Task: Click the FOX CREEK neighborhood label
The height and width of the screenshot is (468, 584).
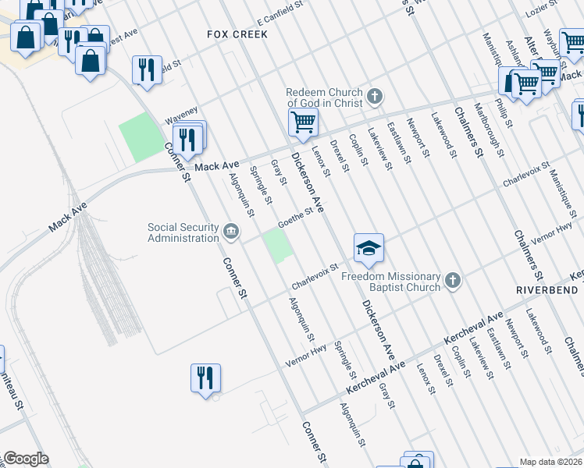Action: (237, 34)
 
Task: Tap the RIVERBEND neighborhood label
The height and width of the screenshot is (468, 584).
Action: (550, 289)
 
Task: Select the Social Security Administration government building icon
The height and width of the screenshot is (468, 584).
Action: (231, 231)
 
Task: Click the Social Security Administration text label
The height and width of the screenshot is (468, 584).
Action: (183, 232)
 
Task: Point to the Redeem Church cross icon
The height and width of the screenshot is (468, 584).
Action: (375, 97)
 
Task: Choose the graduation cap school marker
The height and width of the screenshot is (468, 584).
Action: (369, 248)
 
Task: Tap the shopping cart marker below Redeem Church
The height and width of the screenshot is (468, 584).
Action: (302, 121)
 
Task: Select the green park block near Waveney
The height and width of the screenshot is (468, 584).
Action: (138, 138)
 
